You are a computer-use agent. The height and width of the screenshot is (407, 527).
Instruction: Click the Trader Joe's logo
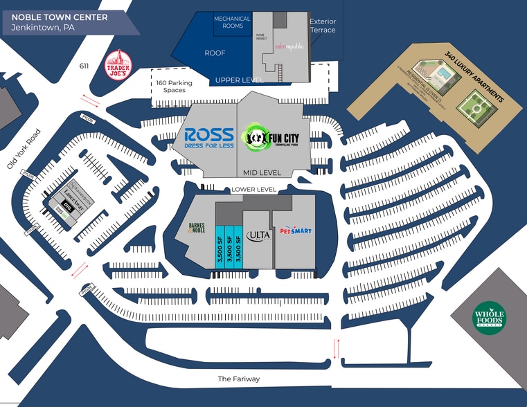pyautogui.click(x=118, y=64)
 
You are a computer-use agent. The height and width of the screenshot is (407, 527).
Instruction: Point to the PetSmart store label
pyautogui.click(x=296, y=232)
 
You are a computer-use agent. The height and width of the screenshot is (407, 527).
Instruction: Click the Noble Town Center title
pyautogui.click(x=60, y=17)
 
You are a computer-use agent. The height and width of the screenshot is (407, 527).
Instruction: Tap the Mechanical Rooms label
pyautogui.click(x=232, y=23)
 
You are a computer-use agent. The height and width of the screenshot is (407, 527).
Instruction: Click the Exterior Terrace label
pyautogui.click(x=323, y=26)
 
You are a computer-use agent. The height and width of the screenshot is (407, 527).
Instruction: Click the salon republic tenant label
pyautogui.click(x=289, y=46)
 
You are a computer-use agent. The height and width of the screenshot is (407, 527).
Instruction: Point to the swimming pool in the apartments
pyautogui.click(x=440, y=71)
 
